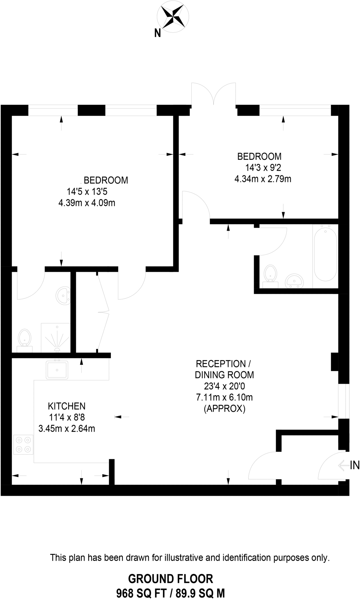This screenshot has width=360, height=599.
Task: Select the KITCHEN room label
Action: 67,406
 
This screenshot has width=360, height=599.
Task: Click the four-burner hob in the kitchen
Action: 23,445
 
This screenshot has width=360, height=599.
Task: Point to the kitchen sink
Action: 57,370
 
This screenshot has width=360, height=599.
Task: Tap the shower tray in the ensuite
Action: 56,338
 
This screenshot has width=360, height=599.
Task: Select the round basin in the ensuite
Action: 63,295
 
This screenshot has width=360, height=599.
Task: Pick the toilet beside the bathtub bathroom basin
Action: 271,274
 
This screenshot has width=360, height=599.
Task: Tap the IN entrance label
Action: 355,465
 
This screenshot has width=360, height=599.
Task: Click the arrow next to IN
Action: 343,465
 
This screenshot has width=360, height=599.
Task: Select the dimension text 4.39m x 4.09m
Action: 87,203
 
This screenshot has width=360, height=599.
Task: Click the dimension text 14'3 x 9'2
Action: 263,168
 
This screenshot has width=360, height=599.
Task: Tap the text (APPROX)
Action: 224,409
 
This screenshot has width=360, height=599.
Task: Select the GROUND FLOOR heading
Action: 171,579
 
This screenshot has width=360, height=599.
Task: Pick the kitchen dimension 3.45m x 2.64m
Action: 67,429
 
